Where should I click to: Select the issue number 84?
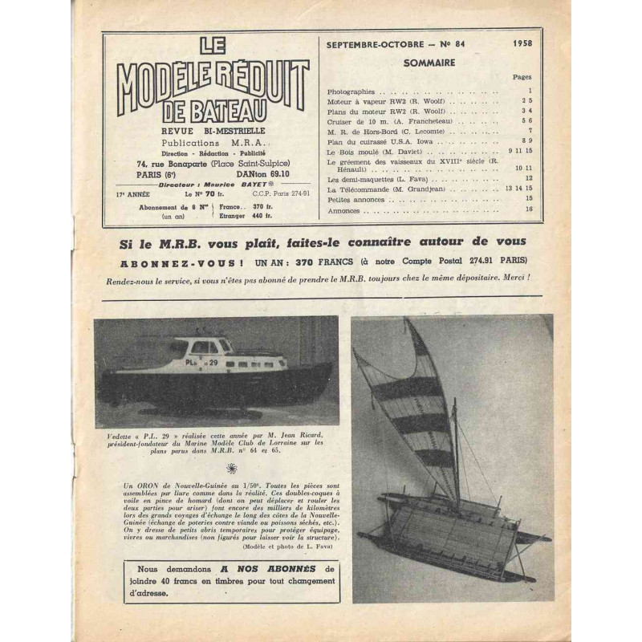tap(456, 46)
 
